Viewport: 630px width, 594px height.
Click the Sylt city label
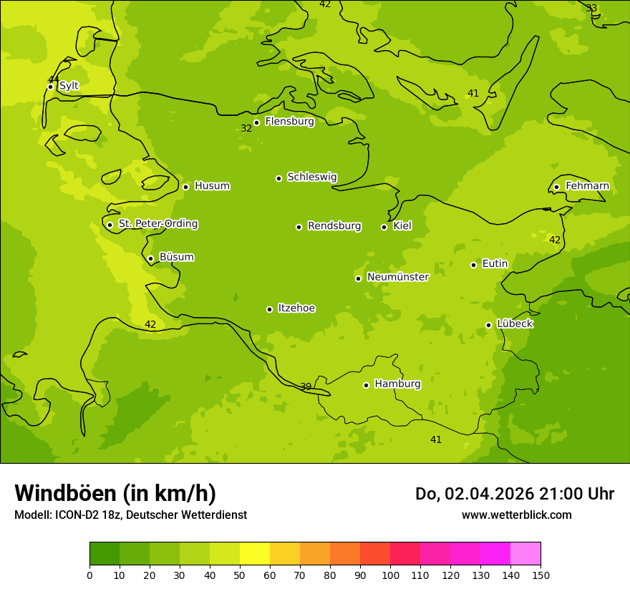pos(69,86)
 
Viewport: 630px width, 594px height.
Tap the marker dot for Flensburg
pos(256,122)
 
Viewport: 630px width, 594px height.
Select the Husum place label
pos(212,186)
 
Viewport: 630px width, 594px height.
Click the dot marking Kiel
pos(384,227)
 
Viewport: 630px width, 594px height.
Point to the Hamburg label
pos(397,384)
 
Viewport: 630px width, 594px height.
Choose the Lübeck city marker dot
pos(488,325)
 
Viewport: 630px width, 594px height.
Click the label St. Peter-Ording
pos(157,224)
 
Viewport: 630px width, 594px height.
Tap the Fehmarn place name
pos(587,186)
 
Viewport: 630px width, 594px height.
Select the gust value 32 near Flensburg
pos(246,129)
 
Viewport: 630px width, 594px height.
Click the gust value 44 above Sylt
pos(54,79)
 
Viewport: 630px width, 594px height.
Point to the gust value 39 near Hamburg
pos(306,387)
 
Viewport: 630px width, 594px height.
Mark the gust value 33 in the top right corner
pos(591,9)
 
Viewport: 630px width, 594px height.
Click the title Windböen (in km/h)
pos(115,493)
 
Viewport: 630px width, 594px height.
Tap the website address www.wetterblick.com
pos(516,515)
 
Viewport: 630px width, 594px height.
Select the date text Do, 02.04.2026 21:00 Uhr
pos(514,494)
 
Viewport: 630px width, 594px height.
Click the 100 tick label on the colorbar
pos(390,575)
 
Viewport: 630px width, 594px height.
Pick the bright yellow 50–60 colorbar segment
pos(255,554)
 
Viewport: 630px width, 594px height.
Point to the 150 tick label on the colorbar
pos(541,575)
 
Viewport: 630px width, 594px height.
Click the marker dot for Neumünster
pos(358,278)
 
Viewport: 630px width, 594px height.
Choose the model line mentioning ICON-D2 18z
pos(130,515)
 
